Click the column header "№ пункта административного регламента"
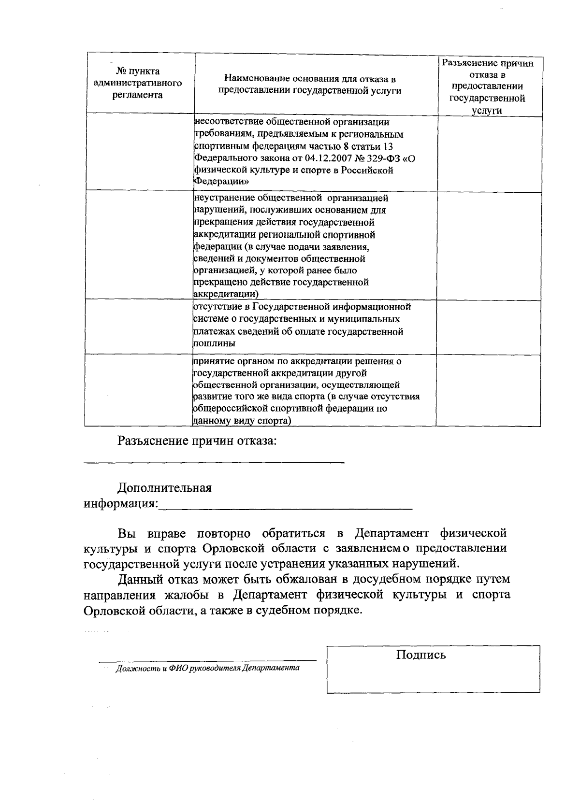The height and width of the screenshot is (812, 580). coord(137,83)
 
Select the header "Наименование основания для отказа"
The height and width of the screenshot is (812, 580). coord(310,85)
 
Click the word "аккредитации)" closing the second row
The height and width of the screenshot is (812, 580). coord(225,294)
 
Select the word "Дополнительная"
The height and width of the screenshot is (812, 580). coord(165,487)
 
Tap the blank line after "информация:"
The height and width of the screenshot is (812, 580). coord(285,508)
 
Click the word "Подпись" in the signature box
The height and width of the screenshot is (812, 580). coord(420,655)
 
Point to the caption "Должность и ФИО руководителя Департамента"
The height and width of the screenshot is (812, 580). coord(207,668)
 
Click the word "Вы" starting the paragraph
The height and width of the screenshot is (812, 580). coord(127,534)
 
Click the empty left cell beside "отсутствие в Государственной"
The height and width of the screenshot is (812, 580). coord(139,326)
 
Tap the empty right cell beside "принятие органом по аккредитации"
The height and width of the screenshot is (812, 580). coord(488,390)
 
